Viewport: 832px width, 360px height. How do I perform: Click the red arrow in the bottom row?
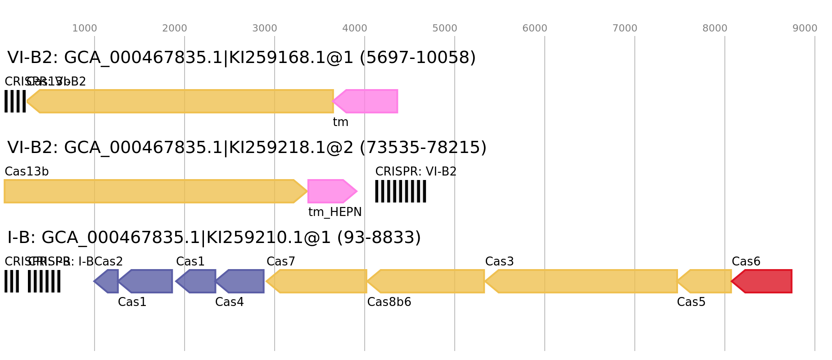tap(763, 281)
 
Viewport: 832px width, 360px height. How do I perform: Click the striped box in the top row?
tap(15, 101)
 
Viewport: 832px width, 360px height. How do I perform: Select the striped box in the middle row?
tap(400, 191)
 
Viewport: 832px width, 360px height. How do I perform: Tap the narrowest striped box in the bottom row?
tap(11, 281)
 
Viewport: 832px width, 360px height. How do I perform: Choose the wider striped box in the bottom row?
tap(44, 281)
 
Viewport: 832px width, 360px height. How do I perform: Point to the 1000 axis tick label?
tap(85, 28)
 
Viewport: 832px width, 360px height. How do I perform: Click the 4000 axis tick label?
tap(355, 28)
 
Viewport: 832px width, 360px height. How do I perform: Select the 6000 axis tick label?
tap(535, 28)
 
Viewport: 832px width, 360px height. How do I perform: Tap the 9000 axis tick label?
tap(805, 28)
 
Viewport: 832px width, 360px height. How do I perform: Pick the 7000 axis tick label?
tap(625, 28)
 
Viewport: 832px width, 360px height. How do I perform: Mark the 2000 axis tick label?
tap(175, 28)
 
